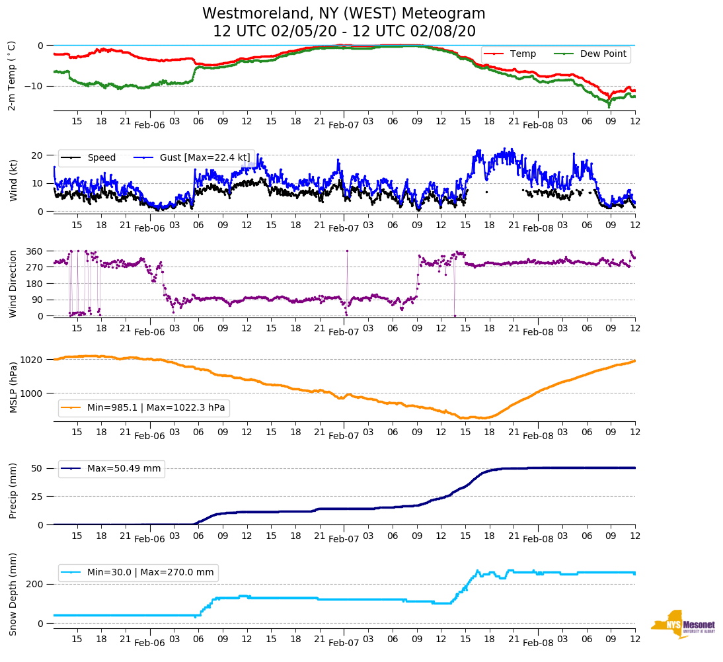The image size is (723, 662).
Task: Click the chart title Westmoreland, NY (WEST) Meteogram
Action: (344, 14)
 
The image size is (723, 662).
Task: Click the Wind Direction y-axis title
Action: (13, 283)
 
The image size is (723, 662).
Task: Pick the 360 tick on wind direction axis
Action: (36, 251)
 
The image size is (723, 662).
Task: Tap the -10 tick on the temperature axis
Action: (34, 86)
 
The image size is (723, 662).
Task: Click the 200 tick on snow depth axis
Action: (36, 584)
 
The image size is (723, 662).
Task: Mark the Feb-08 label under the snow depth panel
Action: (538, 643)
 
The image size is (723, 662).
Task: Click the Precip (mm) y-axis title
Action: (13, 491)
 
